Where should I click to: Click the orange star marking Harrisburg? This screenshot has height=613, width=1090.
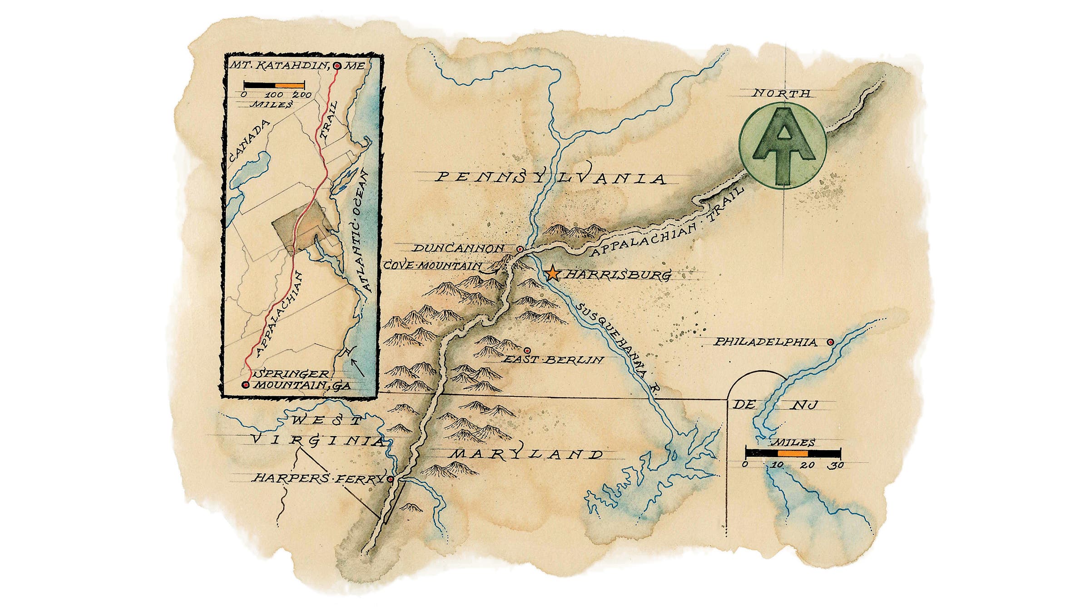click(552, 273)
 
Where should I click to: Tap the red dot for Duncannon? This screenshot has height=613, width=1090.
click(520, 249)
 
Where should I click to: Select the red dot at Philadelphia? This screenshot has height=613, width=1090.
click(830, 342)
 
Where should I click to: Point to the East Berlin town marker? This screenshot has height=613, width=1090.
click(527, 350)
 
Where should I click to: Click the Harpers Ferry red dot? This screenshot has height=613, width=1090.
click(391, 479)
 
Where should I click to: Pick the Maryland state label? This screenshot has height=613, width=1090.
click(527, 455)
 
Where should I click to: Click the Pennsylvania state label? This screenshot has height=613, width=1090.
click(550, 178)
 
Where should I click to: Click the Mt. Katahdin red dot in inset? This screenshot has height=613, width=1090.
click(337, 66)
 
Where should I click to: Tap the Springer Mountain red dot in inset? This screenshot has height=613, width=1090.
click(246, 385)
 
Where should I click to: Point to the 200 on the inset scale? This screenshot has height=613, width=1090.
click(302, 95)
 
